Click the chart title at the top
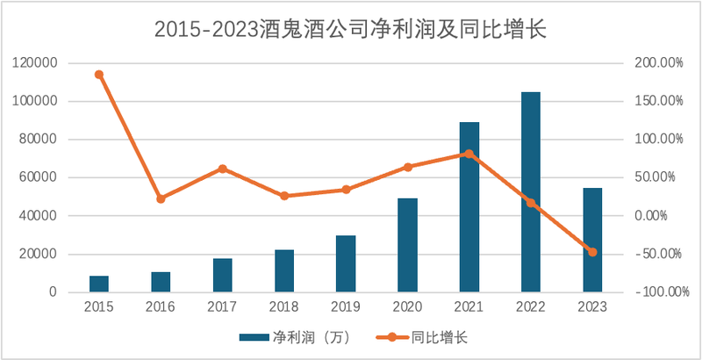pyautogui.click(x=351, y=28)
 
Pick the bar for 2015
pyautogui.click(x=99, y=284)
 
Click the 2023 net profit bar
pyautogui.click(x=592, y=240)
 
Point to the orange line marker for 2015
pyautogui.click(x=99, y=75)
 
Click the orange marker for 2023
pyautogui.click(x=592, y=252)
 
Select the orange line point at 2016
pyautogui.click(x=161, y=199)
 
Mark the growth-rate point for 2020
pyautogui.click(x=407, y=167)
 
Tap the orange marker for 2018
pyautogui.click(x=284, y=196)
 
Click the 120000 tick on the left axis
pyautogui.click(x=36, y=63)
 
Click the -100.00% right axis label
pyautogui.click(x=654, y=292)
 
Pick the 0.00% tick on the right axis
pyautogui.click(x=662, y=216)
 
